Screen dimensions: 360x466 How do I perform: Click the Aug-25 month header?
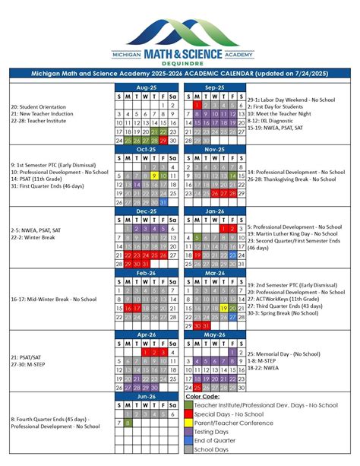coord(147,87)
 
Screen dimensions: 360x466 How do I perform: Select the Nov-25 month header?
coord(214,149)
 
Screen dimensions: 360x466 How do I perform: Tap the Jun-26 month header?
coord(147,395)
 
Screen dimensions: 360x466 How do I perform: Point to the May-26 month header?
coord(214,334)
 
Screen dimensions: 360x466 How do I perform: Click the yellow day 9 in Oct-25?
coord(153,175)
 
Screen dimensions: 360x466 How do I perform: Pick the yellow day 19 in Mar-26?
coord(223,308)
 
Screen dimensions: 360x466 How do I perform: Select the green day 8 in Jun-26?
coord(130,422)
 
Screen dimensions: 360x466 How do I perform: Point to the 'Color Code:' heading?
coord(202,396)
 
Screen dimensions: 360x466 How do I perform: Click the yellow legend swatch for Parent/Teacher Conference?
coord(189,423)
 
